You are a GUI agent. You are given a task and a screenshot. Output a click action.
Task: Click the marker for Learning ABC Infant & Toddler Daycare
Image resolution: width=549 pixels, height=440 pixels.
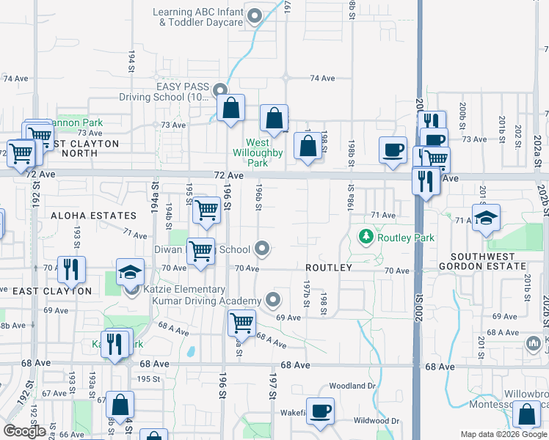[255, 15]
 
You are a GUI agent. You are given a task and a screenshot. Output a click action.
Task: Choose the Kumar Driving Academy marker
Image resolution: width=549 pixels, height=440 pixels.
[273, 299]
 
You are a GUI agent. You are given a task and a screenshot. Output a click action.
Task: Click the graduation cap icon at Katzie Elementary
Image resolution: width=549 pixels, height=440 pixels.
[130, 273]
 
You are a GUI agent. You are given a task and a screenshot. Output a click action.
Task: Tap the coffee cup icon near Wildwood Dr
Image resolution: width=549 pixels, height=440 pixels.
[319, 411]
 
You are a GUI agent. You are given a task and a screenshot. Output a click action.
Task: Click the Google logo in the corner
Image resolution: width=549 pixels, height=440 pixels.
[25, 430]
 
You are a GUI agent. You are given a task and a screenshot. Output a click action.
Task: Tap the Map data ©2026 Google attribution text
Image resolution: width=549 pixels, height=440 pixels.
[503, 434]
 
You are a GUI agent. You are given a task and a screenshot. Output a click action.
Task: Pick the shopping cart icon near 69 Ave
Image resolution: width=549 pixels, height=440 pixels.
[241, 323]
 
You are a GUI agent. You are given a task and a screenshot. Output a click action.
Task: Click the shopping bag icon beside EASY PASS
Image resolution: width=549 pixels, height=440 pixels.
[230, 108]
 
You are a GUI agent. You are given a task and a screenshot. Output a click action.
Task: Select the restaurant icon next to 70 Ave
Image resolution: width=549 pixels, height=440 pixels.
[71, 269]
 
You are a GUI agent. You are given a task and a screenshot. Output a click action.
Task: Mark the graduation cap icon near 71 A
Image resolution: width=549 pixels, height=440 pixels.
[486, 218]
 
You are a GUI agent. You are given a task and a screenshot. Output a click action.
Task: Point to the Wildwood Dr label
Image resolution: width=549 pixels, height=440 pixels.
[376, 421]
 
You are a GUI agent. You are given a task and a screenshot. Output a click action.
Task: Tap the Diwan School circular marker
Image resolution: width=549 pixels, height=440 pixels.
[263, 249]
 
